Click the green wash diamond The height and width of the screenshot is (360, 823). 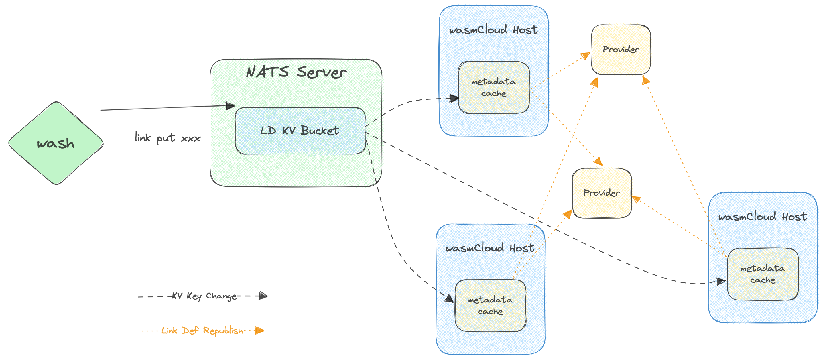tap(56, 143)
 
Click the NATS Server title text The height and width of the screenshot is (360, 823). tap(296, 72)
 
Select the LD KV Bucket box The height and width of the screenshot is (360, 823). tap(300, 131)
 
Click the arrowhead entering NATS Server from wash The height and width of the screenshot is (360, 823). tap(230, 106)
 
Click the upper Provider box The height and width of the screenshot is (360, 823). tap(621, 50)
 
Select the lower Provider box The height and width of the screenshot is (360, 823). tap(602, 193)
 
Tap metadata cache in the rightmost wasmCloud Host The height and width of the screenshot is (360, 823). tap(763, 274)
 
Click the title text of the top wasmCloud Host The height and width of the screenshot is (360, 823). tap(493, 30)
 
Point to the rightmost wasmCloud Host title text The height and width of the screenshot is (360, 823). tap(762, 217)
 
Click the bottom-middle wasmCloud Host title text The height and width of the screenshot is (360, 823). tap(490, 248)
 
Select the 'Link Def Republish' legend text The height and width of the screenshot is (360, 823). tap(202, 331)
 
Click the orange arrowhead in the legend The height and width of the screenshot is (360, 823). tap(259, 331)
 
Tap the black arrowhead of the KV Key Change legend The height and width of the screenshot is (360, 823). tap(263, 296)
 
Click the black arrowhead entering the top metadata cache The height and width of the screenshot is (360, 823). tap(454, 98)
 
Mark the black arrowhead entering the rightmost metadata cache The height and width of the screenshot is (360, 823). tap(721, 282)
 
